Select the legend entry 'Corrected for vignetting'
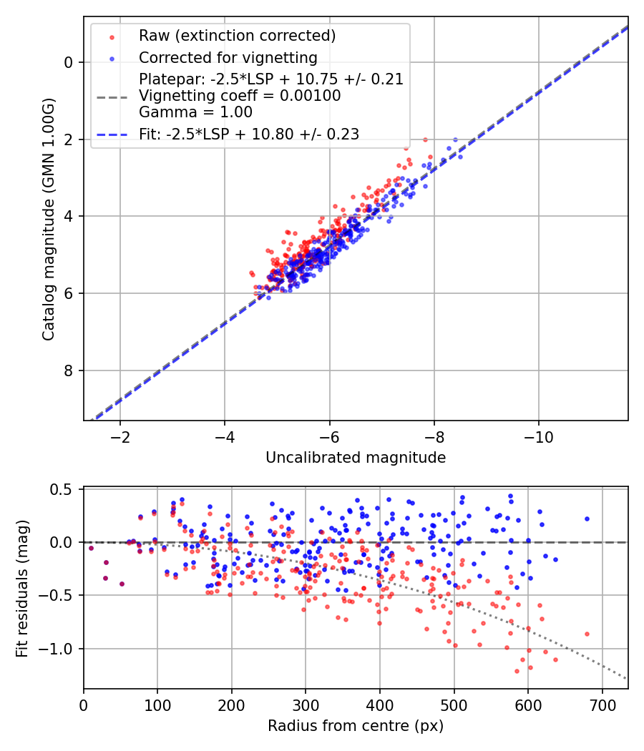(228, 57)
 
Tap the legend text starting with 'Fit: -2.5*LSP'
(249, 134)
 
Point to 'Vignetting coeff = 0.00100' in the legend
(240, 96)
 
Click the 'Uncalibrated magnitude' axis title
(356, 458)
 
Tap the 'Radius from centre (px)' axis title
(356, 726)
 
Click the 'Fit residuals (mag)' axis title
(22, 589)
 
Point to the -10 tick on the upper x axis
(539, 437)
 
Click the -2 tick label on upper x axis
(119, 437)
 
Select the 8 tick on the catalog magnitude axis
(69, 370)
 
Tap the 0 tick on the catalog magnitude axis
(69, 62)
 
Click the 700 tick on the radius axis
(602, 705)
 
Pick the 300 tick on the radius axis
(306, 705)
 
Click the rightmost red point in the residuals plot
(587, 634)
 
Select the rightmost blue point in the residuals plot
(587, 519)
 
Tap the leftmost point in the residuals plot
(91, 548)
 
